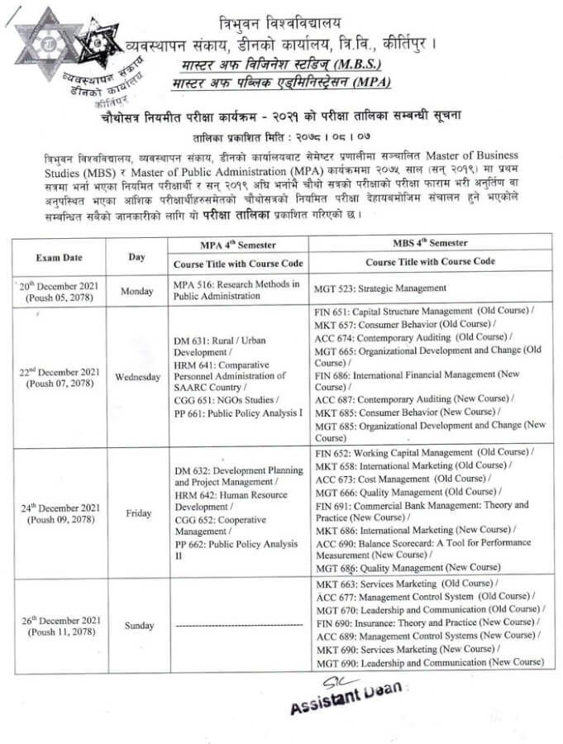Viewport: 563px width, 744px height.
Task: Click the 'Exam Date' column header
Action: point(58,256)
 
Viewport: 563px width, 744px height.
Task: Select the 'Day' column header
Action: point(136,256)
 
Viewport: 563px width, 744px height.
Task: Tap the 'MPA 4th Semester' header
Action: point(237,245)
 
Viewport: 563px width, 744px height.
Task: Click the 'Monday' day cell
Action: point(137,291)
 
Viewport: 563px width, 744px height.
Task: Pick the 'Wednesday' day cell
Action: point(137,377)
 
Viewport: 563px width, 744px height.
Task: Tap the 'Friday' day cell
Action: point(138,513)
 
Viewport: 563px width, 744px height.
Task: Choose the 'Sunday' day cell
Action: point(139,626)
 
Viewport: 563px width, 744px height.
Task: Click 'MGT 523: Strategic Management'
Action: point(380,289)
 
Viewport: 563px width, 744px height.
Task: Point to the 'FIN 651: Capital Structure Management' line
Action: point(423,312)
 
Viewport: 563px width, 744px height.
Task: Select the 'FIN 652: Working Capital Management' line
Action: point(423,452)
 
